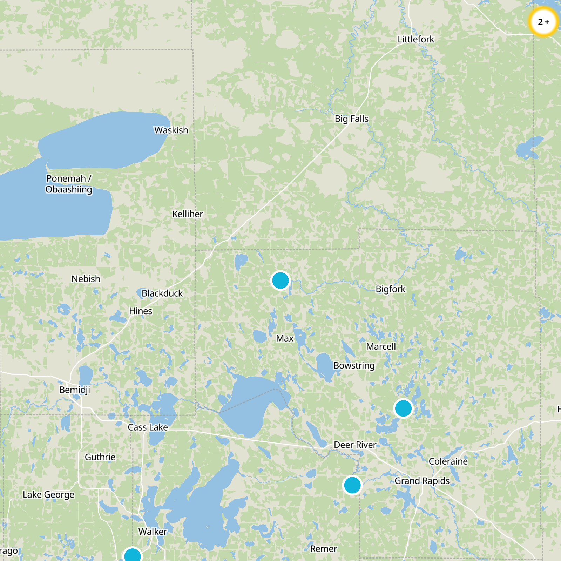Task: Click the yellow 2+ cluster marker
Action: pyautogui.click(x=543, y=22)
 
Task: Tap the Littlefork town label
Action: pyautogui.click(x=416, y=39)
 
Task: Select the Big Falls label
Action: pyautogui.click(x=351, y=119)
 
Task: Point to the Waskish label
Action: pyautogui.click(x=171, y=130)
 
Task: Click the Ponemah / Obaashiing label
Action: pyautogui.click(x=69, y=184)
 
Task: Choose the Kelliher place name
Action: pyautogui.click(x=188, y=214)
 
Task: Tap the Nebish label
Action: pyautogui.click(x=86, y=279)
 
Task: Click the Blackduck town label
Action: pyautogui.click(x=162, y=293)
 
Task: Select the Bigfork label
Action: pyautogui.click(x=390, y=289)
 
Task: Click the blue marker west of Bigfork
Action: pyautogui.click(x=280, y=280)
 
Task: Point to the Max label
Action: pyautogui.click(x=285, y=338)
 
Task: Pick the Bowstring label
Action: pyautogui.click(x=354, y=365)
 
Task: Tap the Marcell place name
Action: pyautogui.click(x=381, y=346)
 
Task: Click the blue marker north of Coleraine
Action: pyautogui.click(x=403, y=408)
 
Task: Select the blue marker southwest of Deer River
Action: pyautogui.click(x=352, y=485)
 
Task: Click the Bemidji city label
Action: pyautogui.click(x=75, y=390)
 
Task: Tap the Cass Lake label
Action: pyautogui.click(x=148, y=427)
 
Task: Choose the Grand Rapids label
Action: pyautogui.click(x=422, y=481)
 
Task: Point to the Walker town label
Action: pyautogui.click(x=153, y=532)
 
